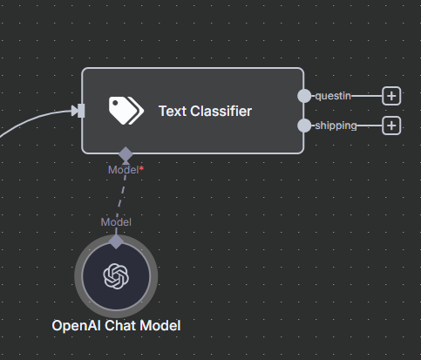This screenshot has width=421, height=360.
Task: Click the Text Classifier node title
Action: [205, 111]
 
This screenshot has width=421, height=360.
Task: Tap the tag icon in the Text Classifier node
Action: [126, 111]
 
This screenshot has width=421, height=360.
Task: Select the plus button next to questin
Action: [391, 96]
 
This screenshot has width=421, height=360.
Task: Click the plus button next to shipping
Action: [391, 126]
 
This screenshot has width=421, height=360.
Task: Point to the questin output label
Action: [333, 96]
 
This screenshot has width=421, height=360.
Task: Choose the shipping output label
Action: [336, 126]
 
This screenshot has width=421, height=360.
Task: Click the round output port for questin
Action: [304, 96]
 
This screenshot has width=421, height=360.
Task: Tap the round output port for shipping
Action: [304, 126]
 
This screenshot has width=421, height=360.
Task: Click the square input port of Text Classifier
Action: [81, 111]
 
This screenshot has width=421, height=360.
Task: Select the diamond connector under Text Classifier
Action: [126, 154]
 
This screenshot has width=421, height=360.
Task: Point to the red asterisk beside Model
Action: [141, 168]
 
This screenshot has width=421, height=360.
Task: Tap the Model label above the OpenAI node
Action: [116, 222]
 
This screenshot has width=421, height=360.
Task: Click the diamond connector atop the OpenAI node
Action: [116, 241]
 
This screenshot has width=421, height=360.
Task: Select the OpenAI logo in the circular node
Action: [116, 276]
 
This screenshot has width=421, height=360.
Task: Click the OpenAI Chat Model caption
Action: [116, 326]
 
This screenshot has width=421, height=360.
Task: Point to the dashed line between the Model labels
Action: [121, 196]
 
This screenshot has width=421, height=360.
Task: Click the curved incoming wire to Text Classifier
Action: [35, 119]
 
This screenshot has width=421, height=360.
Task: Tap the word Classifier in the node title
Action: [221, 111]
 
